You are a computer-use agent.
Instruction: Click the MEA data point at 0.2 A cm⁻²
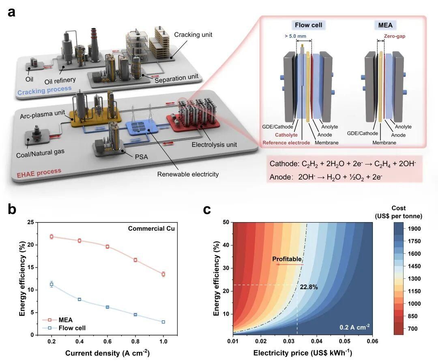pos(52,236)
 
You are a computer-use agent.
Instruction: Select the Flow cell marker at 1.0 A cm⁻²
pos(163,322)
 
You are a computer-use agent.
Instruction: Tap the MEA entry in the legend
pos(65,320)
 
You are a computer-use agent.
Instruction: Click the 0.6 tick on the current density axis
pos(107,342)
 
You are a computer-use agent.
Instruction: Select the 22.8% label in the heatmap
pos(309,287)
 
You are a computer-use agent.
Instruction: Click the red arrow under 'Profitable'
pos(289,264)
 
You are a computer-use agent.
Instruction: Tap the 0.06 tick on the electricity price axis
pos(372,342)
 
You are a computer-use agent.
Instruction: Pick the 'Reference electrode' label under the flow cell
pos(286,143)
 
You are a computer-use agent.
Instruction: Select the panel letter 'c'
pos(207,209)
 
